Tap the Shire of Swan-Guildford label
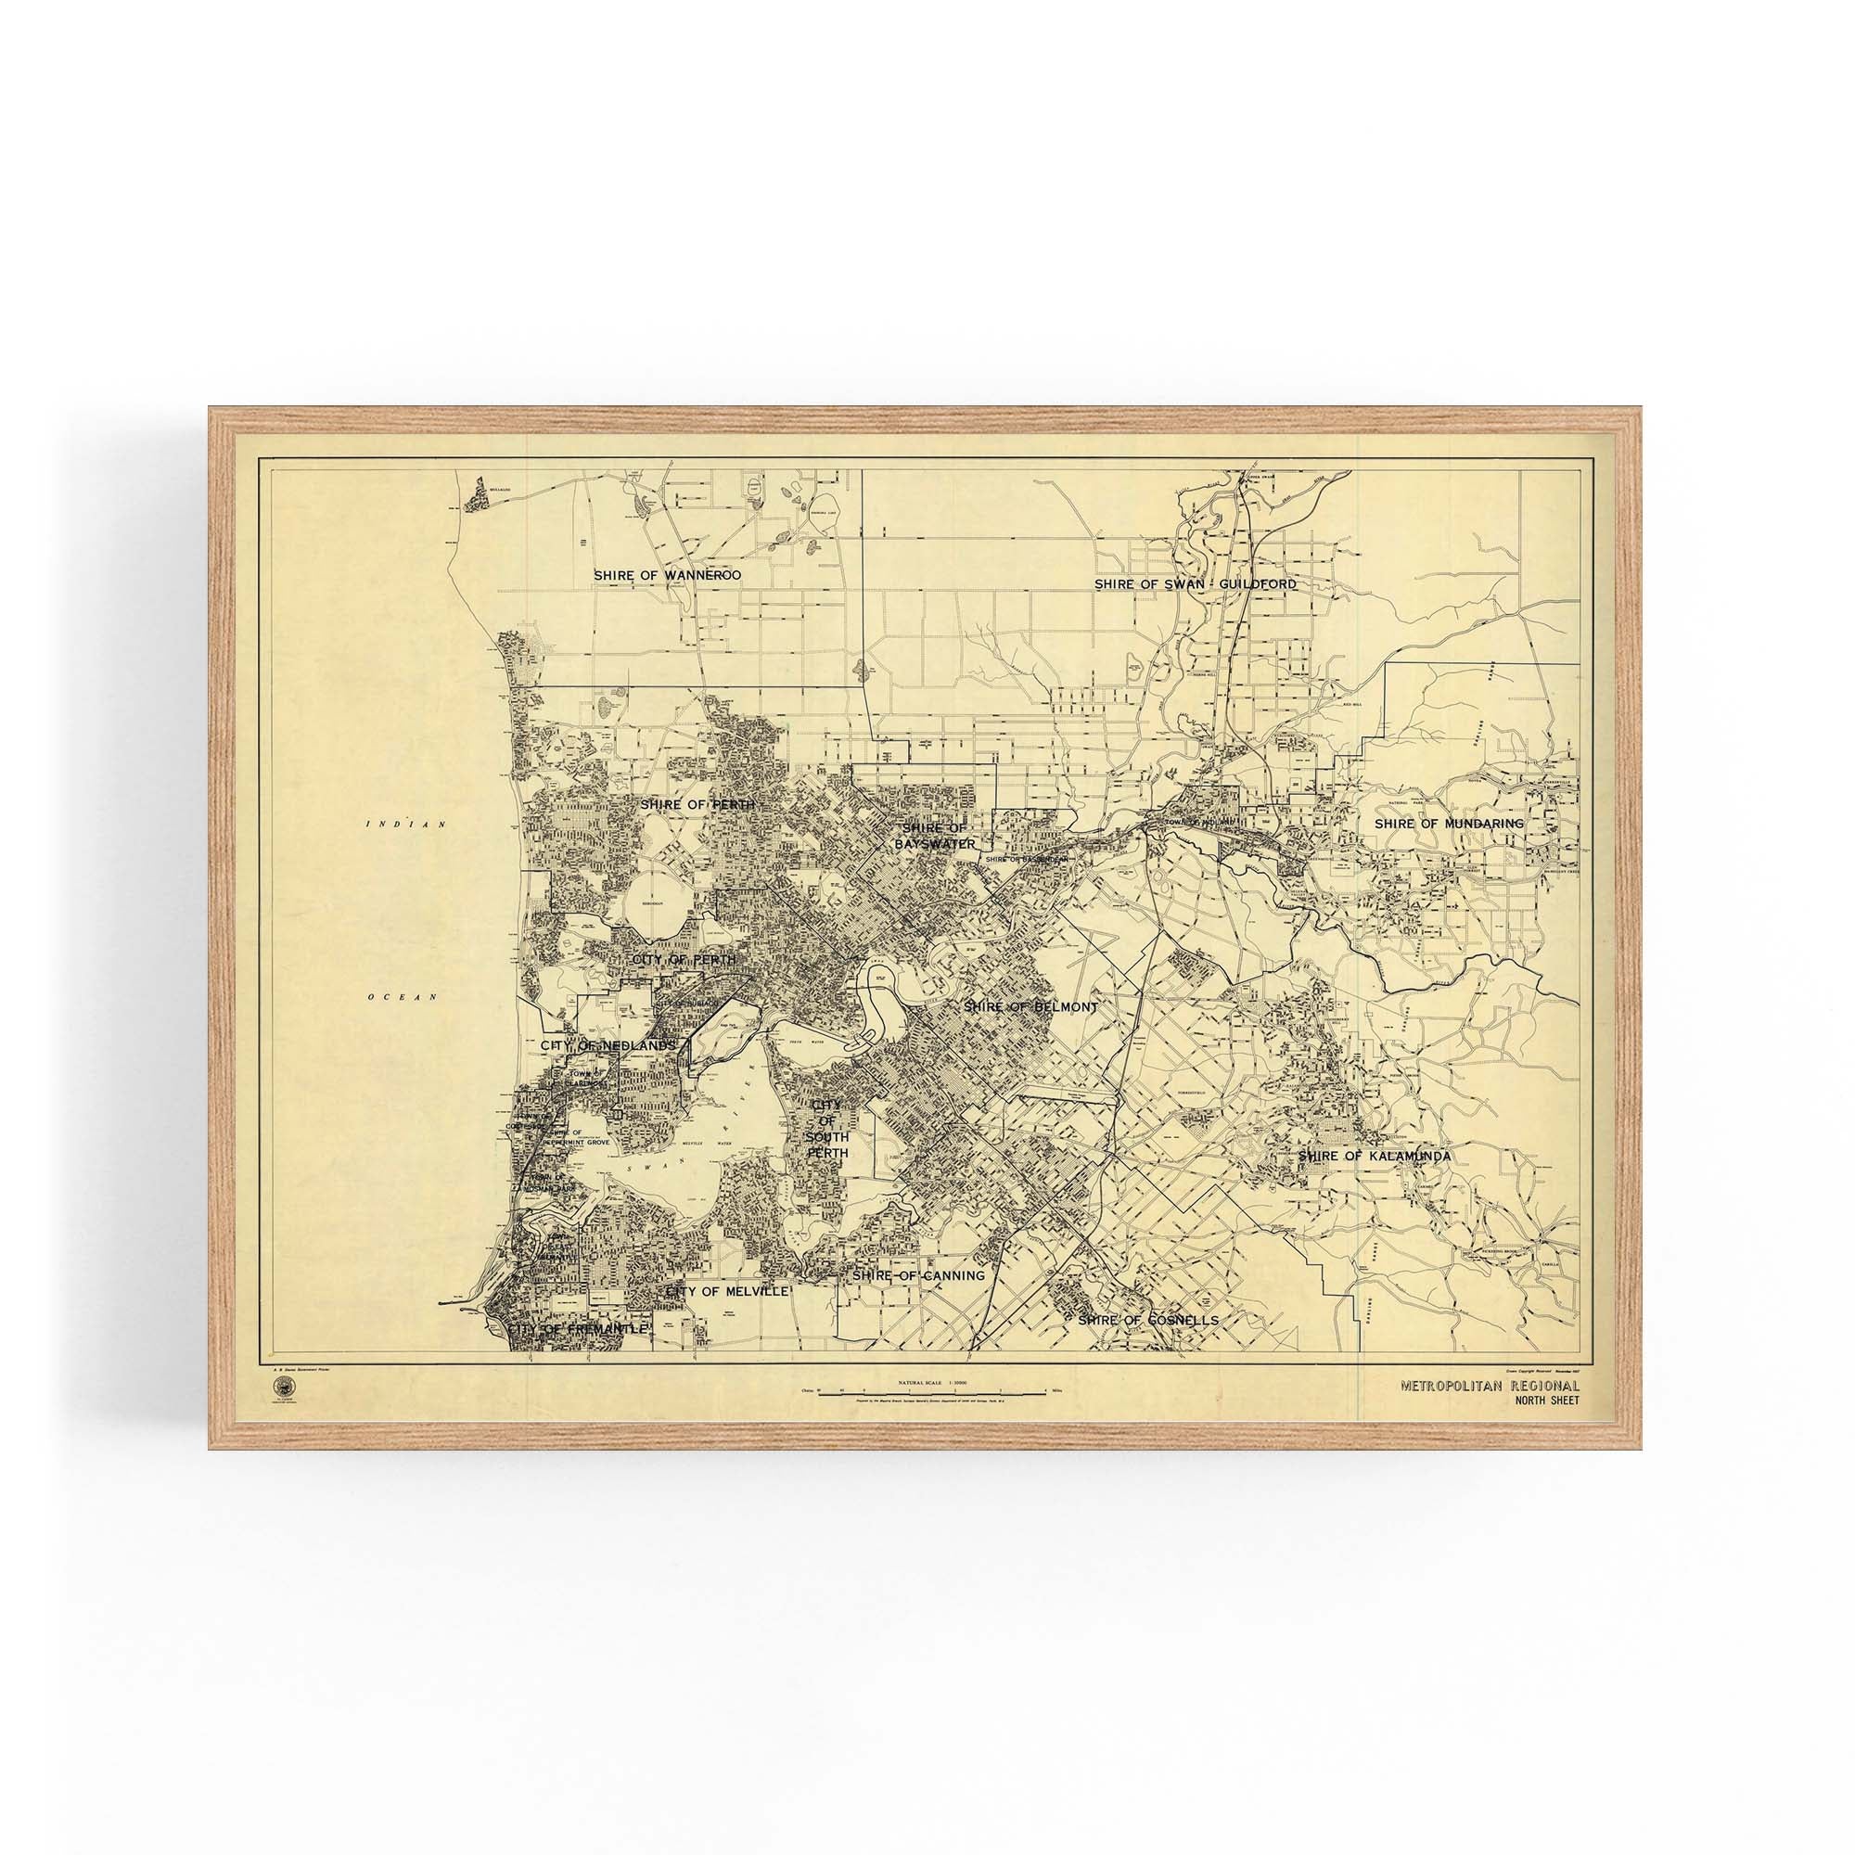click(x=1196, y=583)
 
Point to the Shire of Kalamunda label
click(x=1374, y=1157)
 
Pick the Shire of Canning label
click(x=918, y=1276)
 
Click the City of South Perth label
click(x=826, y=1132)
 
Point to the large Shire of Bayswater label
click(x=938, y=836)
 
